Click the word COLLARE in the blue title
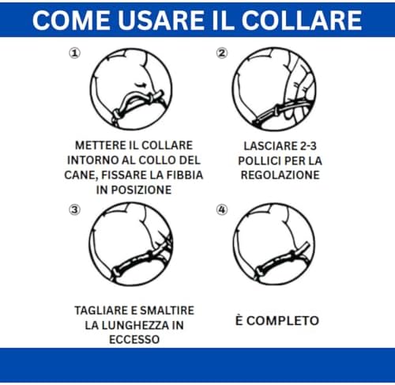pos(302,21)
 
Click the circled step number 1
pos(75,53)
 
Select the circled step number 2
pos(222,53)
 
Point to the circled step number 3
pos(74,210)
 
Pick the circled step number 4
pos(222,210)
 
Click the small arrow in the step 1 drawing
pos(141,85)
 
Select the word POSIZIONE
pos(141,190)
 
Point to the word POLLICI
pos(259,160)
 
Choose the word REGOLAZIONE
pos(280,175)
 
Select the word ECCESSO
pos(134,339)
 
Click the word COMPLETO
pos(283,321)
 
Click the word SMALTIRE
pos(168,311)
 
